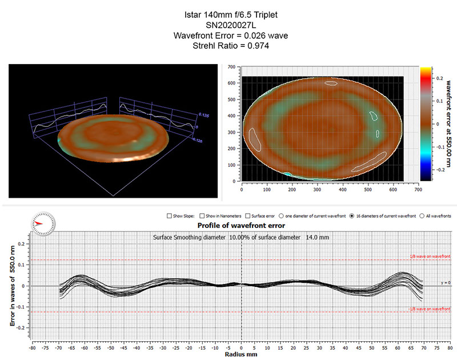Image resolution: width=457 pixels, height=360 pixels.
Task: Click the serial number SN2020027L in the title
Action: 228,25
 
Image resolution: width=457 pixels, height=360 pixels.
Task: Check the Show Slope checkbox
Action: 169,216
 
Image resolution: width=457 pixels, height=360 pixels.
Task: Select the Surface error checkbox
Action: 247,216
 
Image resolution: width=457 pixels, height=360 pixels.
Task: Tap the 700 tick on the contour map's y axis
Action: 232,67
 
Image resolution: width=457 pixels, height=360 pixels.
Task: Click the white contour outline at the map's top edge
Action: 331,83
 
